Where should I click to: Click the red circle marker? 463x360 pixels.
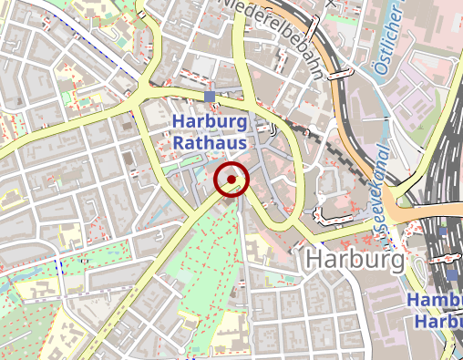tap(231, 179)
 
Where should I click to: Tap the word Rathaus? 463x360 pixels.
tap(210, 143)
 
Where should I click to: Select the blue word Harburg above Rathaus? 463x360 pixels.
tap(210, 122)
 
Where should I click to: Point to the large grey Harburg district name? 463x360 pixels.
tap(355, 260)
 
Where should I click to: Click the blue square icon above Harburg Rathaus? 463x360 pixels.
tap(210, 97)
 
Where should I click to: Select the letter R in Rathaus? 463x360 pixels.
tap(179, 143)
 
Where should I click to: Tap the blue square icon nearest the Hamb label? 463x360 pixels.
tap(453, 274)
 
